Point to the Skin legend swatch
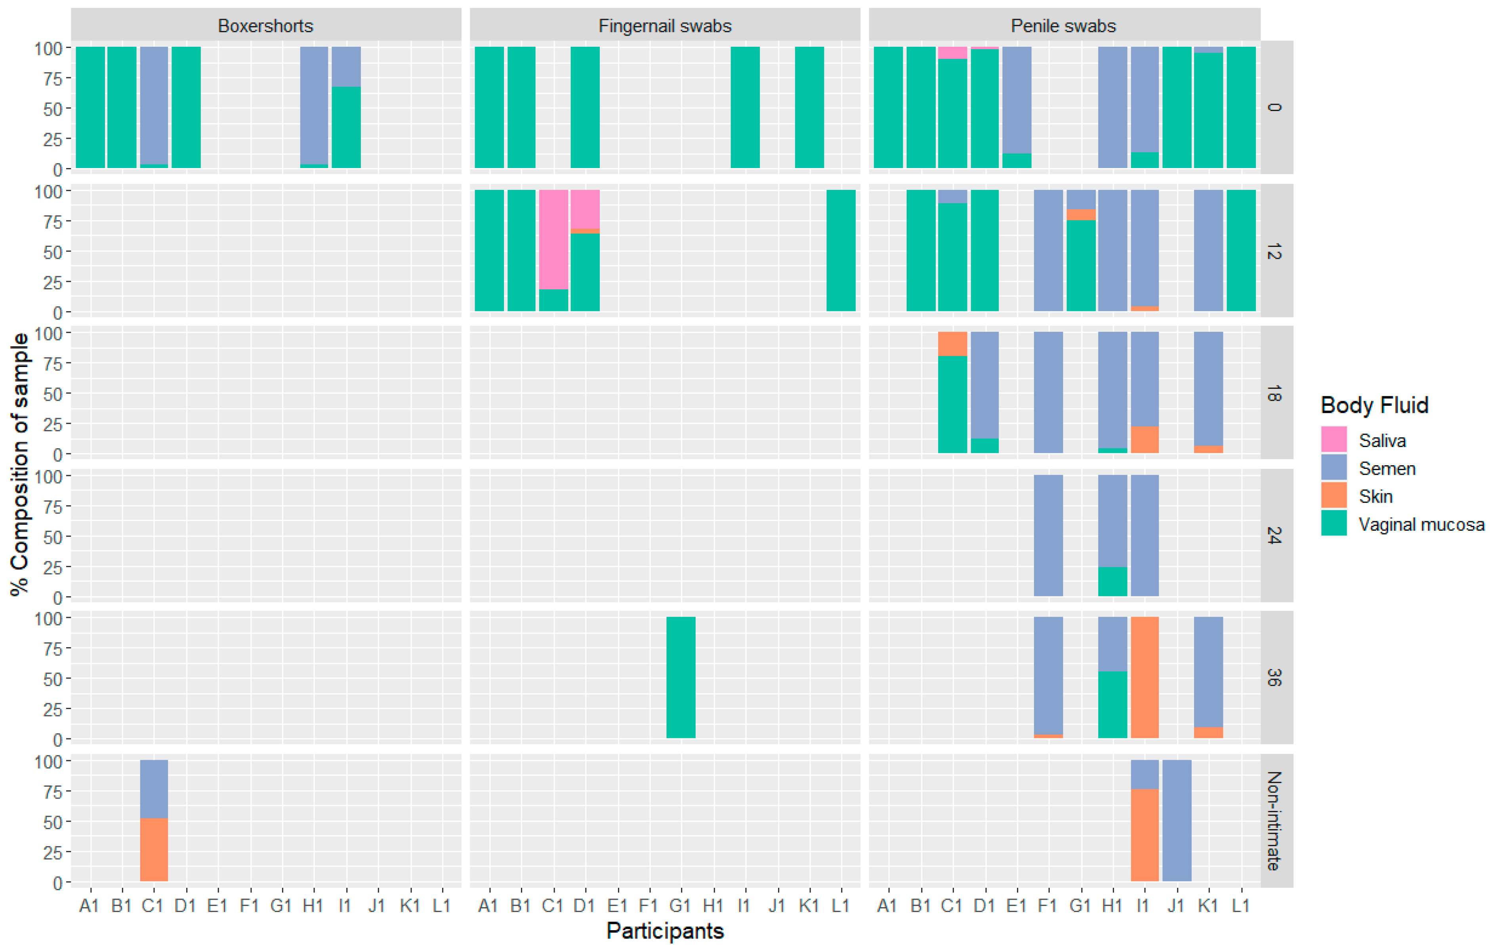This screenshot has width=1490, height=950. coord(1334,495)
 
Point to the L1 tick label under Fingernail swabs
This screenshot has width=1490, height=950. coord(840,906)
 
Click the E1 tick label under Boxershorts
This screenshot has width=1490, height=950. coord(217,906)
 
